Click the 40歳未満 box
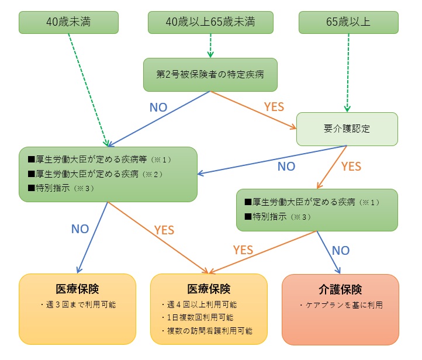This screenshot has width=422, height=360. click(68, 22)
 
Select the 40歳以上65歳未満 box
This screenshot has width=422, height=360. click(210, 22)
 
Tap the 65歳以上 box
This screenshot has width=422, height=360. click(348, 22)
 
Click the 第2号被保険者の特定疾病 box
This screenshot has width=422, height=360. click(210, 75)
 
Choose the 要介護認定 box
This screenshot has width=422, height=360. click(347, 129)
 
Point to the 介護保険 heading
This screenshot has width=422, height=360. click(340, 289)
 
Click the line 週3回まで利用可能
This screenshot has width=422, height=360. click(78, 304)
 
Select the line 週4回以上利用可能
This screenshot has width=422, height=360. click(199, 304)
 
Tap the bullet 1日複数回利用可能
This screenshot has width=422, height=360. click(198, 317)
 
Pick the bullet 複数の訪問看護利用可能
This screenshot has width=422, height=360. click(207, 331)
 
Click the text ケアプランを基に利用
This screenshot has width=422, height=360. click(341, 305)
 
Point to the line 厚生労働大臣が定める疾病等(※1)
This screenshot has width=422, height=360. click(99, 160)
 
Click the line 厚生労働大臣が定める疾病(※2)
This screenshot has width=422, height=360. click(95, 174)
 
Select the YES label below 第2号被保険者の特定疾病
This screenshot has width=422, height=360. click(274, 107)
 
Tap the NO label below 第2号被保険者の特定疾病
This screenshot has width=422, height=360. click(158, 108)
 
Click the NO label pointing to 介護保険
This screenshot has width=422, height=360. click(341, 251)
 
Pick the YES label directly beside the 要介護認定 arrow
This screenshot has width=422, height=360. click(351, 167)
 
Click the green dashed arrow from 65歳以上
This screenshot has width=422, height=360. click(348, 72)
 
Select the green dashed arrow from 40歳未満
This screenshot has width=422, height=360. click(88, 90)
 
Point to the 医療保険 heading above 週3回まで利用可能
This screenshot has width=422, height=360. click(78, 289)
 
